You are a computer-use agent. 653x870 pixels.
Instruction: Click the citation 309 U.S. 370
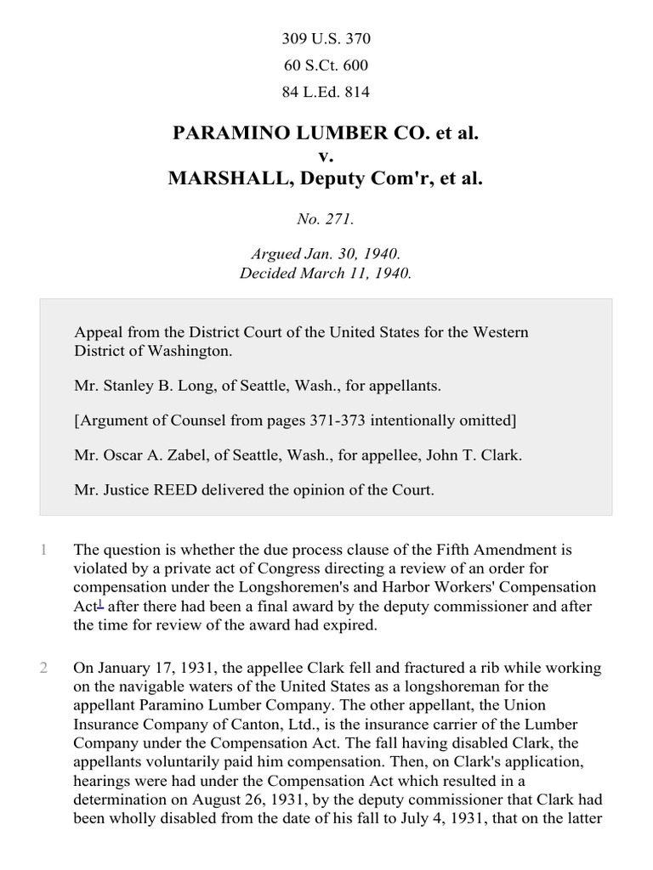[x=326, y=39]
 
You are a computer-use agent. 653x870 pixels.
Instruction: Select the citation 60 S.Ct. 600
[x=326, y=65]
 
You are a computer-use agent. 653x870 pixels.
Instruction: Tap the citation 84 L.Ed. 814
[x=326, y=92]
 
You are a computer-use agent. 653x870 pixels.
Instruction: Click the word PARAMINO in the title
[x=229, y=133]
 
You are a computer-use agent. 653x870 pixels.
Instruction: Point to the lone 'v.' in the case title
[x=326, y=156]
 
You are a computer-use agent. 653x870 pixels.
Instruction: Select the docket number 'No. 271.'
[x=326, y=219]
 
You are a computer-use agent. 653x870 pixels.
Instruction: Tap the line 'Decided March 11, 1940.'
[x=326, y=274]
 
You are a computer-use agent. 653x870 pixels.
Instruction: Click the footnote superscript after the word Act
[x=100, y=602]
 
